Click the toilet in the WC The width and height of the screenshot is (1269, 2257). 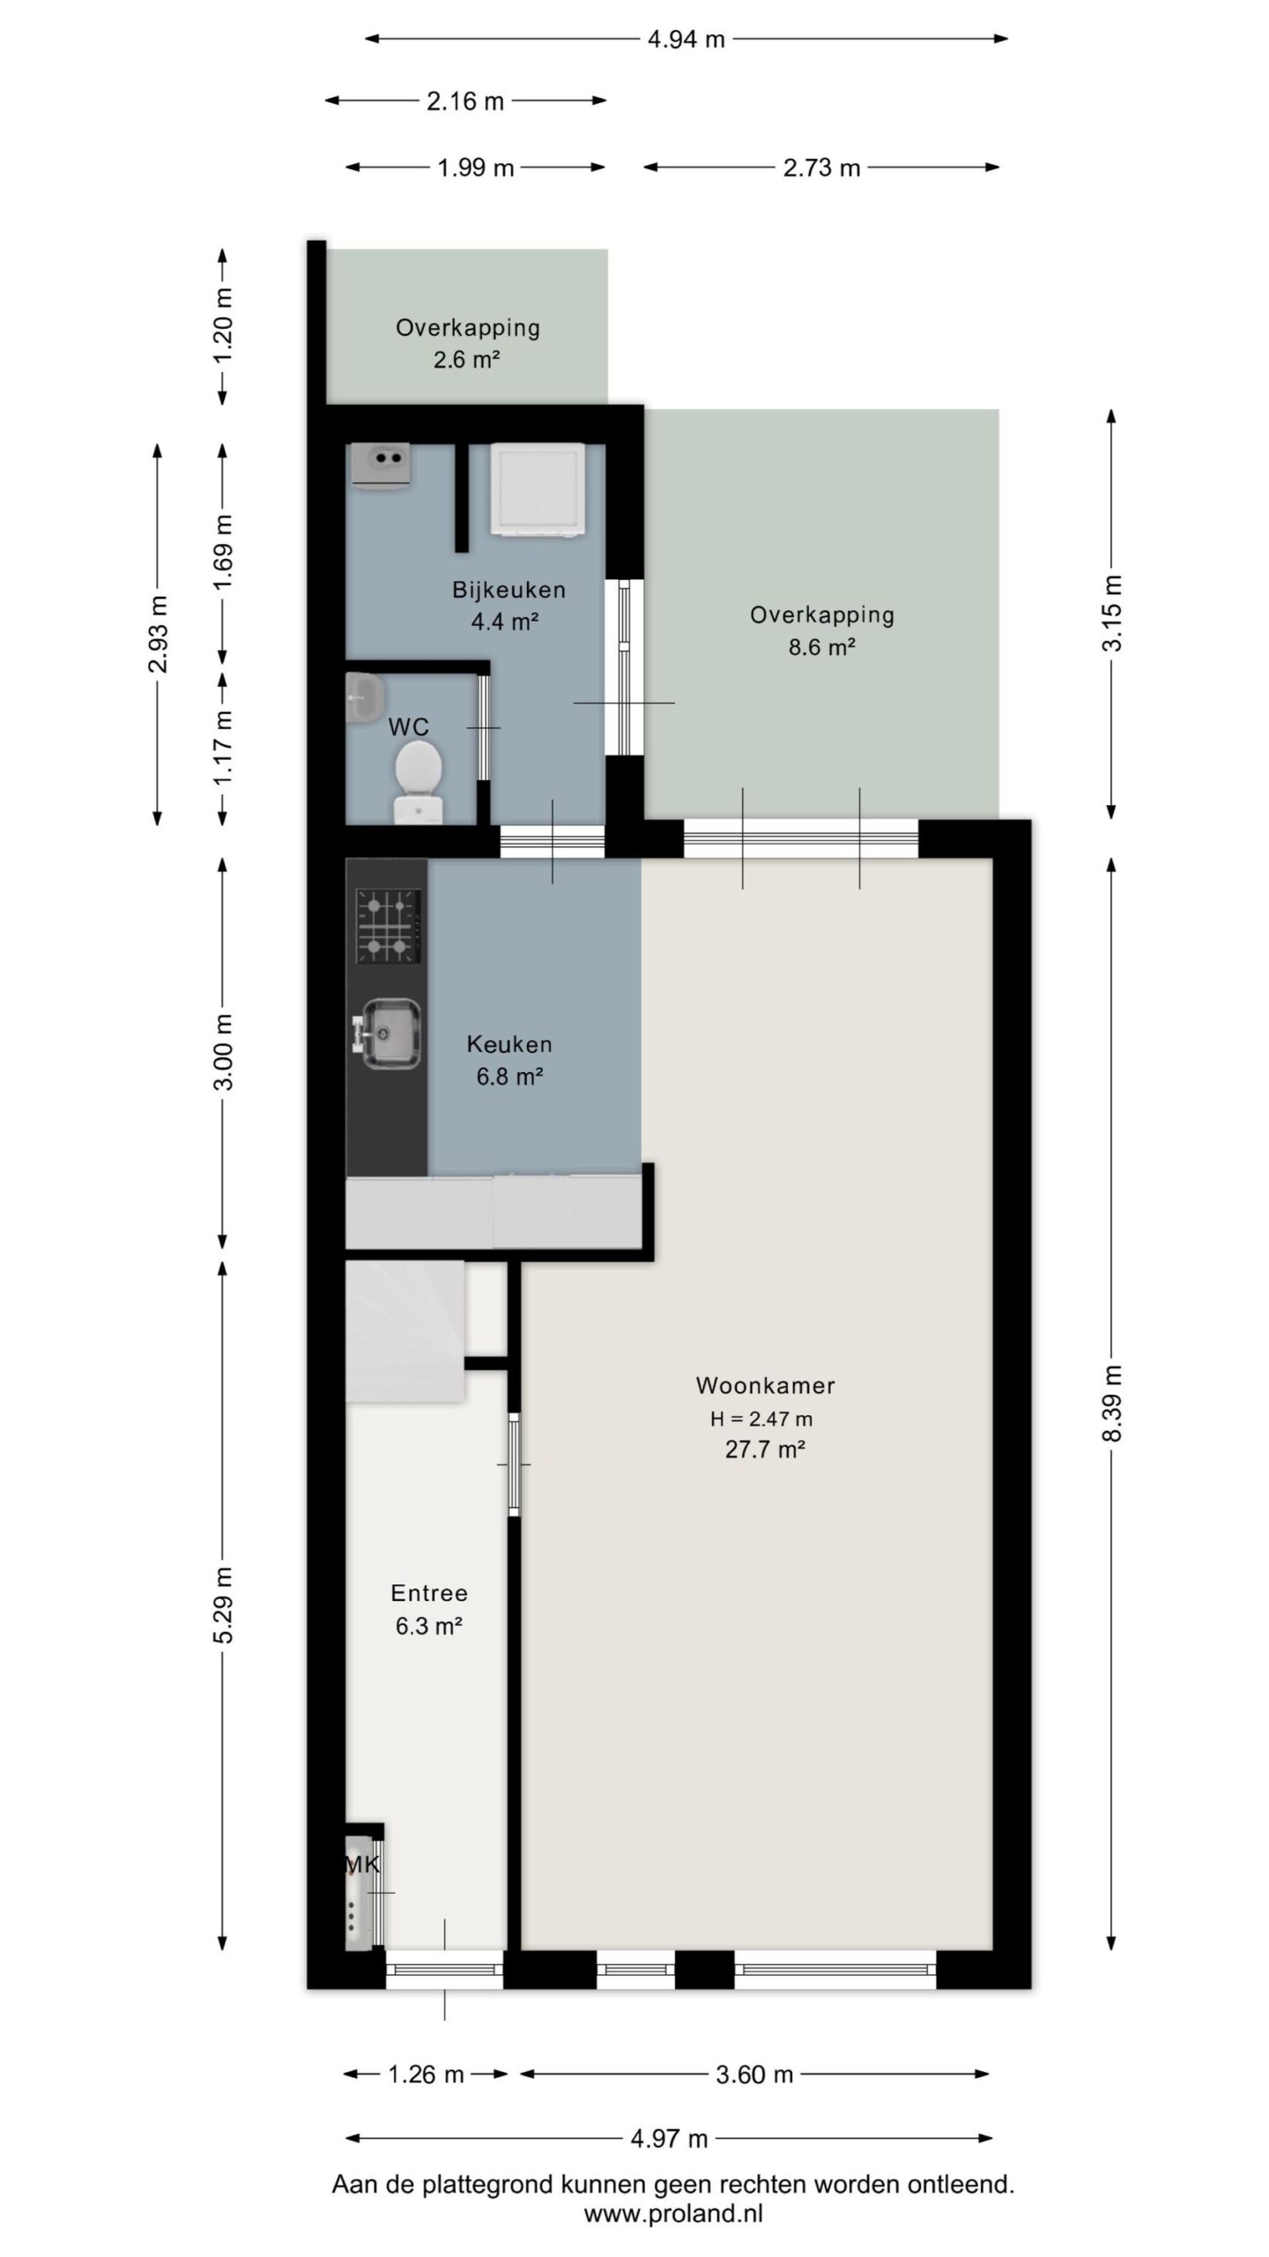(418, 779)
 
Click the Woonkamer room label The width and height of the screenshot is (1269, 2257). (765, 1385)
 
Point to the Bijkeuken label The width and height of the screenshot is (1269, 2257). (508, 590)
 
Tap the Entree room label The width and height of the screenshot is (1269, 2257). (429, 1593)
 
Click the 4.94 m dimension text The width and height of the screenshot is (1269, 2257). (686, 40)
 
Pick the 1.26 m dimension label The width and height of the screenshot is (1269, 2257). (426, 2075)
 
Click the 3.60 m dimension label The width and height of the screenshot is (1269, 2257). (754, 2075)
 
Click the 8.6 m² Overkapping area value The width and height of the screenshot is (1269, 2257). (821, 647)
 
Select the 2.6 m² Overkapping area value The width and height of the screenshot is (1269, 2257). (467, 360)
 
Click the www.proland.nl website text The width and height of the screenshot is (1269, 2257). (673, 2214)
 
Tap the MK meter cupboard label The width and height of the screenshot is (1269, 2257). (362, 1865)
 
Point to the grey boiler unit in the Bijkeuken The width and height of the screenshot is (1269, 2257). (380, 465)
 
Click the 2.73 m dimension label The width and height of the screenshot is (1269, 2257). (821, 168)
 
